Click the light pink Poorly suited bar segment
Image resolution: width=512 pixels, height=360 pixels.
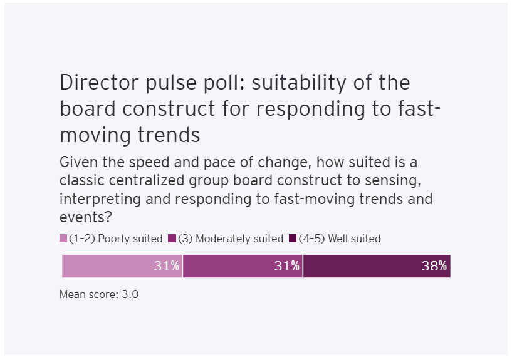[107, 266]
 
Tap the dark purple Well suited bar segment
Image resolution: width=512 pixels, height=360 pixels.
[363, 266]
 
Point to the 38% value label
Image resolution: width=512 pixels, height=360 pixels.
[434, 266]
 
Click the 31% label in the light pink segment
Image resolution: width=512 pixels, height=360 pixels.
[167, 266]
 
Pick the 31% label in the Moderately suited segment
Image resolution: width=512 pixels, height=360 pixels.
[287, 266]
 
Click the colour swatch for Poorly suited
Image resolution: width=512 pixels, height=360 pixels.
[63, 239]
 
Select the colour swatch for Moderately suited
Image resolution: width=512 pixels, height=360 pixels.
[173, 239]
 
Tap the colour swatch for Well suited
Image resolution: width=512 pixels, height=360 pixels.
[293, 239]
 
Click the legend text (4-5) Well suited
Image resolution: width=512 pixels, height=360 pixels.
[340, 239]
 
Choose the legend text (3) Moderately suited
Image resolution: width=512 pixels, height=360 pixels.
[231, 239]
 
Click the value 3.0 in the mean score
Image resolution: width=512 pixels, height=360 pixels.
[130, 294]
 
